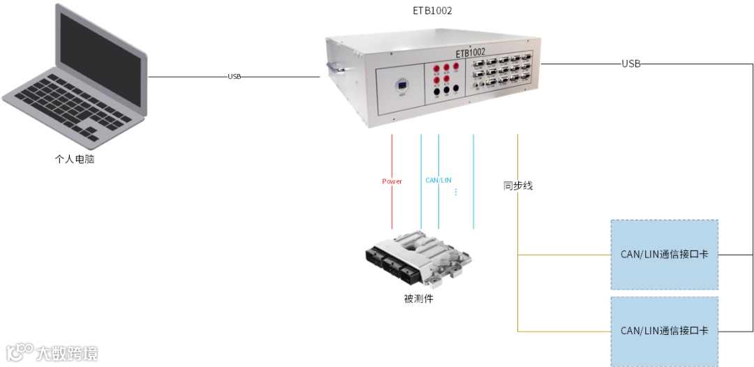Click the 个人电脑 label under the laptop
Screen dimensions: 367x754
(x=74, y=159)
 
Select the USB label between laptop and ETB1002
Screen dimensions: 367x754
(x=235, y=77)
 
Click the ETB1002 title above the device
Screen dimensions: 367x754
(x=433, y=11)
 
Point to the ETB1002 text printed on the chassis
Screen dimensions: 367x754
(x=471, y=52)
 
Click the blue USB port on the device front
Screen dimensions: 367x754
(x=402, y=86)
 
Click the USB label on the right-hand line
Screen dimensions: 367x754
(x=631, y=64)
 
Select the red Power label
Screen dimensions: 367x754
(x=392, y=181)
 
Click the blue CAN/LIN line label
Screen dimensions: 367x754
(x=438, y=180)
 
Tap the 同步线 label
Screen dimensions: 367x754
(x=518, y=186)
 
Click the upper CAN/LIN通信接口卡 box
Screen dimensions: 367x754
(x=664, y=254)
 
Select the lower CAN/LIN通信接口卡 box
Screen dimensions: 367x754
(x=664, y=331)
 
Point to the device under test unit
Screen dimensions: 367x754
(x=419, y=258)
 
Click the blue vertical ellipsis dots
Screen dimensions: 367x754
(x=456, y=191)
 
